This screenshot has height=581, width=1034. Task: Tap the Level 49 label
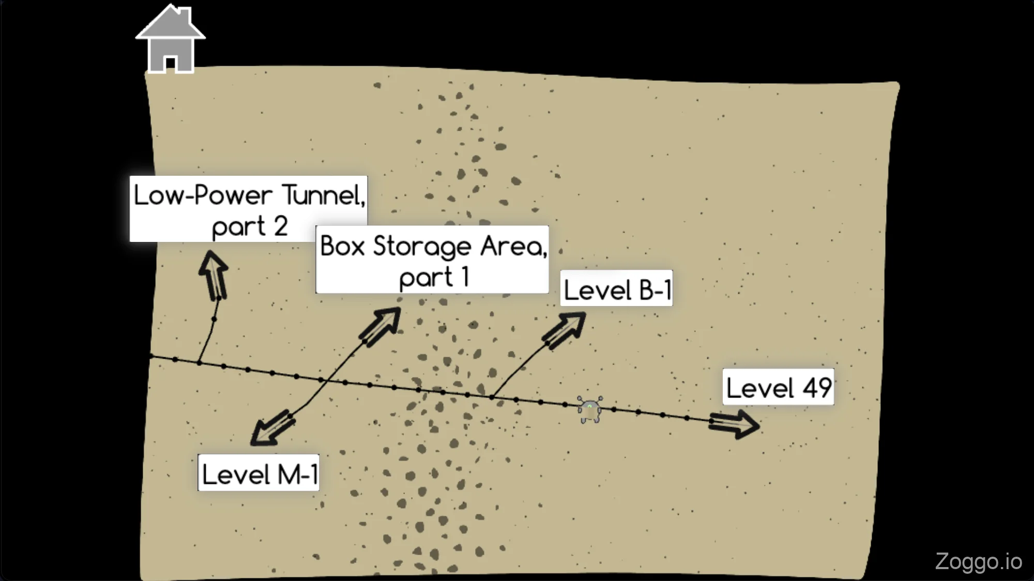[x=778, y=387]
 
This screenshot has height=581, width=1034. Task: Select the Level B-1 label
[x=616, y=288]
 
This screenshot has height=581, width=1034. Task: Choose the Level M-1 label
[x=258, y=473]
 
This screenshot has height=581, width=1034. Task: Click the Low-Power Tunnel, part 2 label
[x=249, y=209]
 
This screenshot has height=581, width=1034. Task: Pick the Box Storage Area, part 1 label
[x=432, y=260]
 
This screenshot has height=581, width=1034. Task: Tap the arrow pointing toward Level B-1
[x=565, y=330]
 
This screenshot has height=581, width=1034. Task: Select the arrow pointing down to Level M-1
[x=271, y=427]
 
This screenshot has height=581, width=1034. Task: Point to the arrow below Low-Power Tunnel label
[x=214, y=274]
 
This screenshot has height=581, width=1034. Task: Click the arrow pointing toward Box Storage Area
[x=382, y=326]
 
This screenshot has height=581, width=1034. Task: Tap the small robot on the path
[x=590, y=409]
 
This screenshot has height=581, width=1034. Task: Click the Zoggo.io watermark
[x=978, y=561]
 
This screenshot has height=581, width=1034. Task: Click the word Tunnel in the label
[x=324, y=195]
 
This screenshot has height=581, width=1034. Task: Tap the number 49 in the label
[x=817, y=387]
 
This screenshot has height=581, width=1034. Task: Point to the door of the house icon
[x=170, y=64]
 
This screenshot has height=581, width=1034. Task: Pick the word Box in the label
[x=342, y=246]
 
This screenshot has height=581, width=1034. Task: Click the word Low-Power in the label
[x=203, y=195]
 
